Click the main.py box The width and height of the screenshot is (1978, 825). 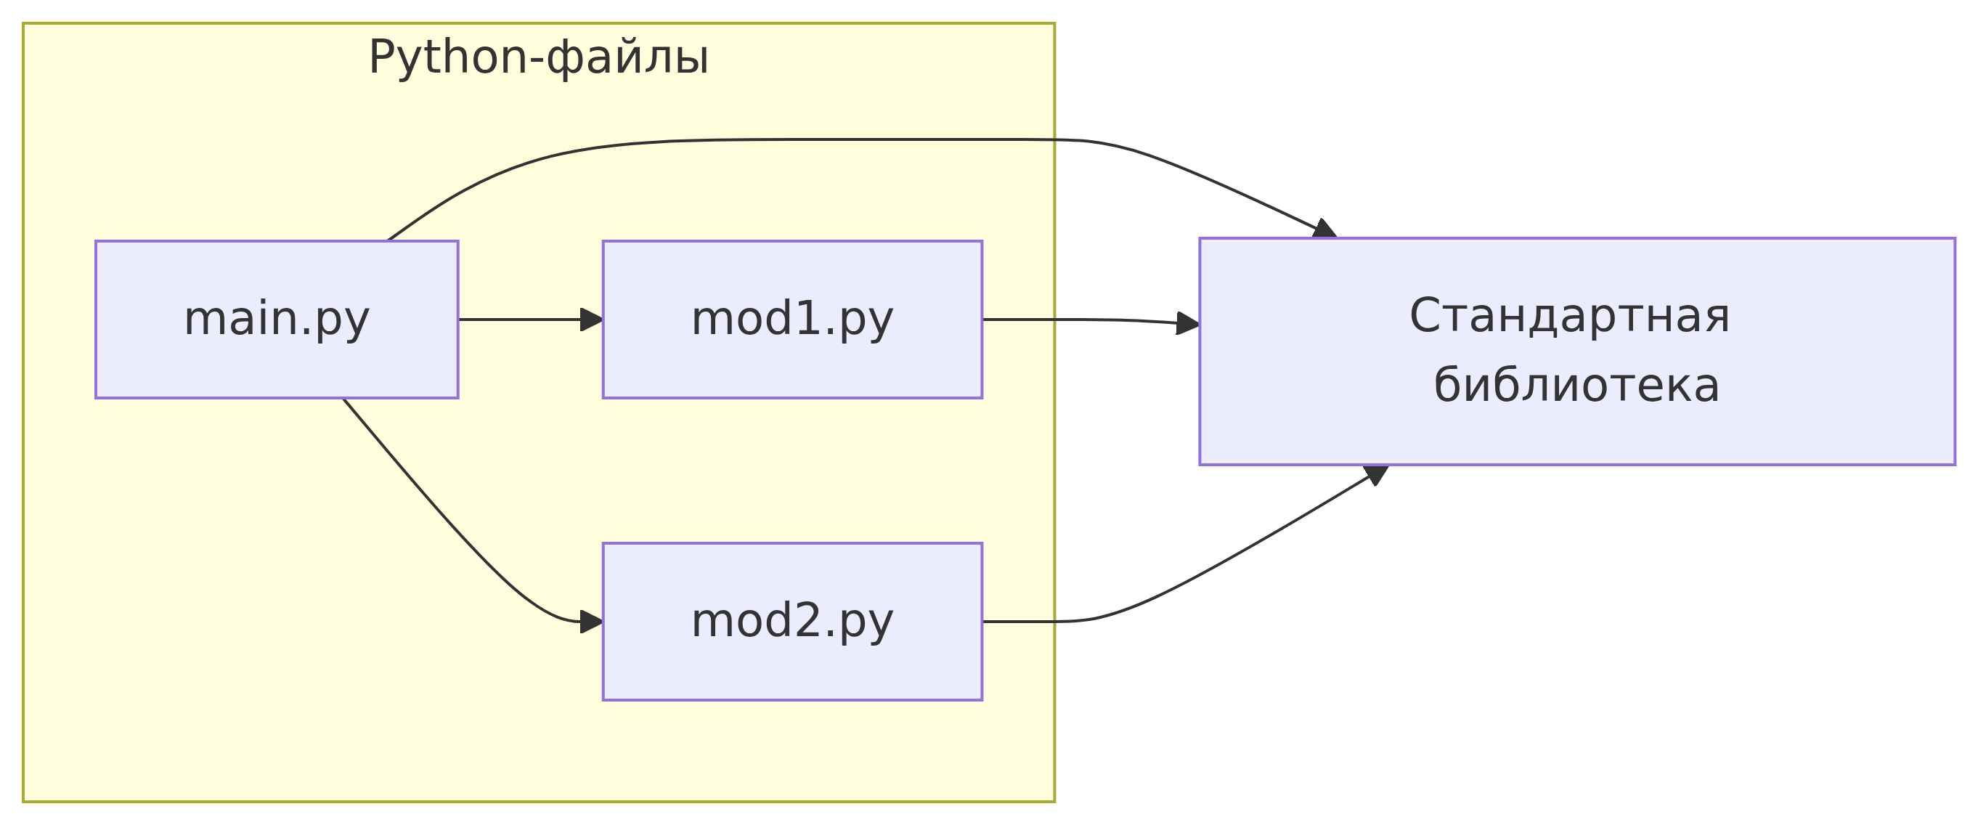click(x=277, y=320)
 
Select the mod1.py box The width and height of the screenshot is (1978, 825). click(x=792, y=320)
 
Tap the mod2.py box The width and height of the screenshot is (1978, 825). click(x=792, y=622)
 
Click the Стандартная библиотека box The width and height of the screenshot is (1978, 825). click(x=1577, y=351)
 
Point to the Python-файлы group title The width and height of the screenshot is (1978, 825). click(x=538, y=57)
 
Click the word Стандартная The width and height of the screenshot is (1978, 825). click(x=1569, y=316)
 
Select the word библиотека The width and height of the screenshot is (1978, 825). click(x=1576, y=385)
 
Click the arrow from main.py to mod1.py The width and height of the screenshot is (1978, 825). click(x=531, y=320)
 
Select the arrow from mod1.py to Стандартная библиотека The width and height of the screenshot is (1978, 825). click(x=1091, y=320)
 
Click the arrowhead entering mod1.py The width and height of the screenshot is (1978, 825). click(x=592, y=320)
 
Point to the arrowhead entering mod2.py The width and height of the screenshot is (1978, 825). click(x=592, y=622)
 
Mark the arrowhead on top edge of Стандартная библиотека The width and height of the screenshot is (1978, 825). click(x=1324, y=229)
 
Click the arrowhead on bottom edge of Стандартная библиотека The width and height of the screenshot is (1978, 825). click(x=1377, y=475)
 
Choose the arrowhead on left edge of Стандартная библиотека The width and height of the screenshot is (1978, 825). click(x=1188, y=324)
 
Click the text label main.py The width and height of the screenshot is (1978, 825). click(x=277, y=320)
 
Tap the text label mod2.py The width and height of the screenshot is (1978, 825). click(x=792, y=622)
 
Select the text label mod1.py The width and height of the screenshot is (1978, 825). click(x=792, y=320)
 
